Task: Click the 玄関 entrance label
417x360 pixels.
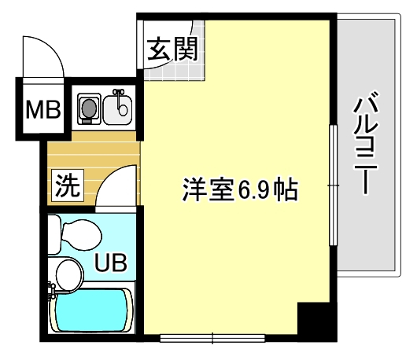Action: point(172,49)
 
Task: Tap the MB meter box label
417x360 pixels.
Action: point(43,109)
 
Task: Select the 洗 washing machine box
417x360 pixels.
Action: point(68,186)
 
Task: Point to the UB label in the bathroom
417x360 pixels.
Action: point(111,263)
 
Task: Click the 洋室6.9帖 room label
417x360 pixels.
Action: point(240,189)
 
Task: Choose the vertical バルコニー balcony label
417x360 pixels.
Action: point(365,143)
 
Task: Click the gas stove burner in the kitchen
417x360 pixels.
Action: point(89,108)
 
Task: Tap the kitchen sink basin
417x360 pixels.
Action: point(117,109)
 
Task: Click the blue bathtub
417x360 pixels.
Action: point(92,310)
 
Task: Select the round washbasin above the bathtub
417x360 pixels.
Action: point(69,275)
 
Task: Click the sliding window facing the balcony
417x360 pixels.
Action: point(333,186)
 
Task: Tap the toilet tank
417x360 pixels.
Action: point(54,235)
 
